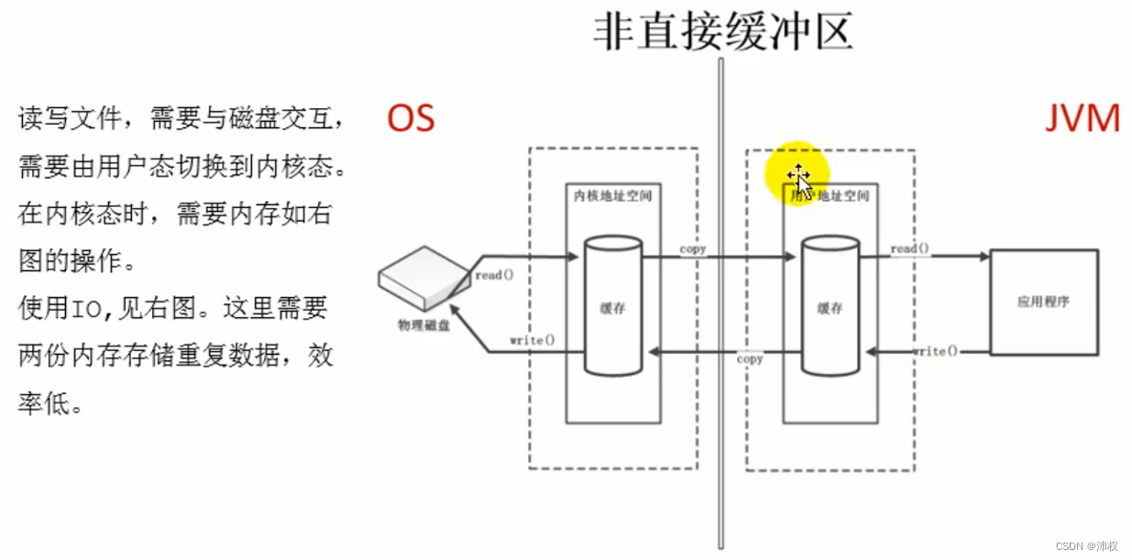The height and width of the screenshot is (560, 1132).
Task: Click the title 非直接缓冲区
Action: pos(722,30)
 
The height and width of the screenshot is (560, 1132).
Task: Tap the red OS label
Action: pos(410,119)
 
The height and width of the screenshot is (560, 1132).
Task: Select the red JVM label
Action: pos(1083,119)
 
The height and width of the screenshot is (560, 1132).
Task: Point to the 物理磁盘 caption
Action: pos(423,324)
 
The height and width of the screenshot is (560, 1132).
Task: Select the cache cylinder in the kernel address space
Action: pos(613,307)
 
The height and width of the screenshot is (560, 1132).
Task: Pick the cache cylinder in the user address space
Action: pos(830,307)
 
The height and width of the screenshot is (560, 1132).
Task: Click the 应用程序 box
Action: pos(1043,302)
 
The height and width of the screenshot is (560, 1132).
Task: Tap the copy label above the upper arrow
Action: pos(693,249)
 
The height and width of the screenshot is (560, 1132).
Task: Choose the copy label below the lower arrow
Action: pos(750,359)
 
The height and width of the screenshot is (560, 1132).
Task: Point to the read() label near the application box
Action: pos(909,249)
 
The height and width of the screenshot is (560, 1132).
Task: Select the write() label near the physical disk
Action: pos(533,341)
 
